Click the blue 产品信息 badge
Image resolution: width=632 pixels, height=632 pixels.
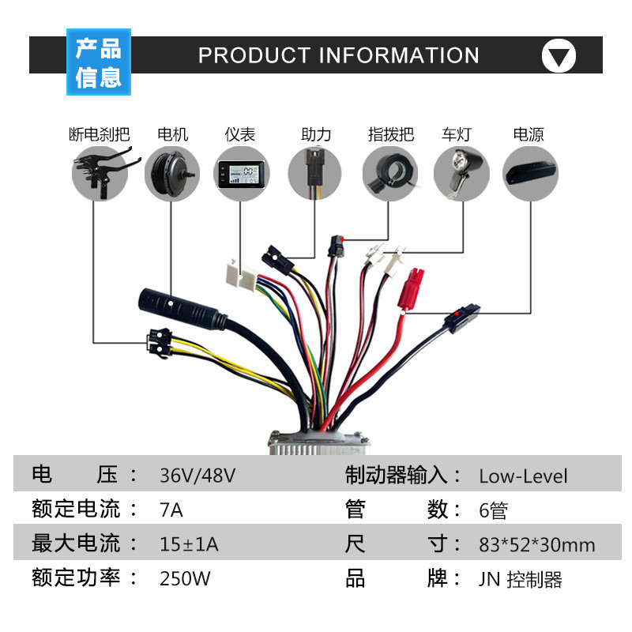pos(99,62)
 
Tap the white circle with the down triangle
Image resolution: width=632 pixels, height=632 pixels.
pos(559,55)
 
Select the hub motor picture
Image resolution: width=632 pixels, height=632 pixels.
pos(172,174)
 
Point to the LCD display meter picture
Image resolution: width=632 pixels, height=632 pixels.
pos(241,174)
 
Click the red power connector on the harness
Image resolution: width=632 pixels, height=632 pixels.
pos(410,289)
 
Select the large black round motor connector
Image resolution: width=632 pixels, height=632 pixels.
pos(182,308)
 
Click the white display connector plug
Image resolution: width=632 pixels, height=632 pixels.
pos(241,274)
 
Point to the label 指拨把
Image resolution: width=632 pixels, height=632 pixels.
pos(390,134)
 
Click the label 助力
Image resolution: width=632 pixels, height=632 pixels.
pos(316,134)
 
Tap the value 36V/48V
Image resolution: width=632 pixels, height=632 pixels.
pos(197,476)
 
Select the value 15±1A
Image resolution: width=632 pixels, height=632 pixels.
pos(189,544)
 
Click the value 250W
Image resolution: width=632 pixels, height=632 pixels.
pos(185,578)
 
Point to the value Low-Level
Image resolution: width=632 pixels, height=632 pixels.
pos(523,476)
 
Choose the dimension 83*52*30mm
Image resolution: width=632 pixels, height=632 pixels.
pos(537,544)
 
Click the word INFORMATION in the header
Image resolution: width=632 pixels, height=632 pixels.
pos(399,55)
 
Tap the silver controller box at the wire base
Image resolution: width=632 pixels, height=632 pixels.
pos(319,443)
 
